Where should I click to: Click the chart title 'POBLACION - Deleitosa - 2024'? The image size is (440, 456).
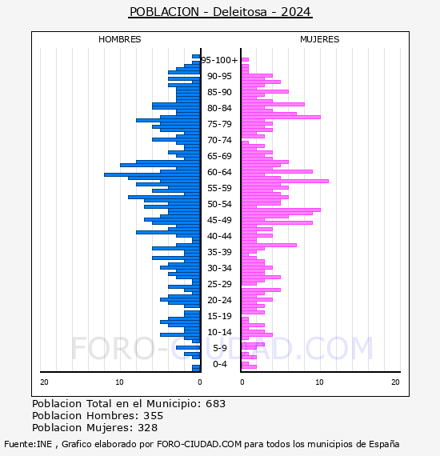point(221,12)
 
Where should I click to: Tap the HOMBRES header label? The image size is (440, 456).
point(119,39)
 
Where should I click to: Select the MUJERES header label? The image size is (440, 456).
point(320,39)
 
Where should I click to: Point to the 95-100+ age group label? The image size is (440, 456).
point(219,60)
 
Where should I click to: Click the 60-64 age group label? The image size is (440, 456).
point(219,172)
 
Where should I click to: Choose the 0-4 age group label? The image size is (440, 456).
point(219,364)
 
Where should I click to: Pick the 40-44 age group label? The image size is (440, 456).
point(219,236)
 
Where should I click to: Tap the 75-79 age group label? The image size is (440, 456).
point(219,124)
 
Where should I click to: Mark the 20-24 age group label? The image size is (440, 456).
point(219,300)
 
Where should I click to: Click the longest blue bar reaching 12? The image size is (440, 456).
point(152,174)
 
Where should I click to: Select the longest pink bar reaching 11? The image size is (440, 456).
point(285,181)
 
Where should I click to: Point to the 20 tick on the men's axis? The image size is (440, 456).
point(44,382)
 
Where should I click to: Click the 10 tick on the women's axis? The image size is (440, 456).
point(319,382)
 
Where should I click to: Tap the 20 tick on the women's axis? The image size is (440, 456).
point(395,382)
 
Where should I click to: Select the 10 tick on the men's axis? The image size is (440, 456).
point(119,382)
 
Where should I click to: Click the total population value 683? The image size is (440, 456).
point(215,404)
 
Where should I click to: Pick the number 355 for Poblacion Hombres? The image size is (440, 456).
point(154,415)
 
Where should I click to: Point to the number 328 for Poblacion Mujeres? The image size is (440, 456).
point(148,427)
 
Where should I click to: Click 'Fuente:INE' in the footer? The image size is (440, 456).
point(28,444)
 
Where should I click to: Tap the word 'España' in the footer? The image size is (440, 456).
point(384,445)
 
